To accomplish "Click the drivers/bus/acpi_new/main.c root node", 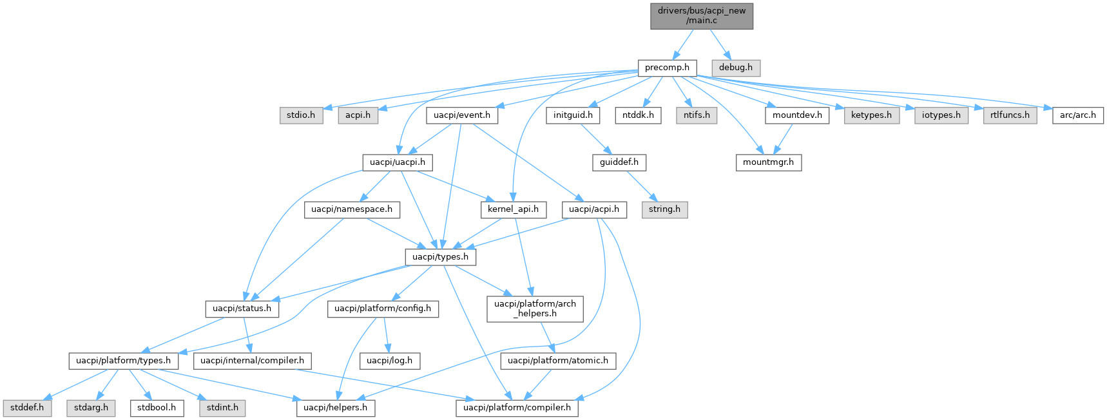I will pos(702,15).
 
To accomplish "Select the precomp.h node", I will pos(667,67).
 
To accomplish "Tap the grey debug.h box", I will pos(736,67).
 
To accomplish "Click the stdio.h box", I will pos(301,115).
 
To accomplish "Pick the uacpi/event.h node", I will pos(461,115).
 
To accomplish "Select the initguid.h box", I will pos(573,115).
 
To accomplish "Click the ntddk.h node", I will pos(638,115).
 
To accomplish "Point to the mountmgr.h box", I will pos(768,162).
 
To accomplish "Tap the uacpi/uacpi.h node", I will pos(397,162).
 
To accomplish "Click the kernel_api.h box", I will pos(513,209).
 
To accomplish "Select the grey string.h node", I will pos(664,209).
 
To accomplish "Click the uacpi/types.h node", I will pos(441,257).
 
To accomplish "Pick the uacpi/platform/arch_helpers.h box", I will pos(535,309).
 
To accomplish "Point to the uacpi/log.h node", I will pos(389,361).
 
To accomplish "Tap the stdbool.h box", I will pos(157,408).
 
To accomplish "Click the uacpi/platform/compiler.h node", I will pos(517,408).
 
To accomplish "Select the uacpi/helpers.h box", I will pos(335,408).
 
